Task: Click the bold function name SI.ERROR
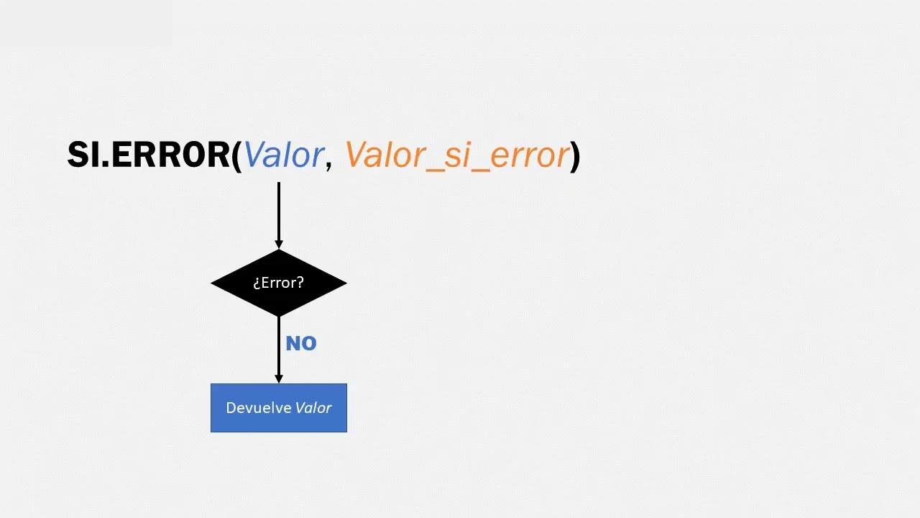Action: [x=149, y=155]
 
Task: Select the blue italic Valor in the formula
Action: [x=284, y=155]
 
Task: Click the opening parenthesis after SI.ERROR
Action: [x=236, y=156]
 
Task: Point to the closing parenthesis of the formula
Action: [x=576, y=156]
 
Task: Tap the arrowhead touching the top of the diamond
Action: [x=279, y=245]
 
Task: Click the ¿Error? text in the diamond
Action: [x=278, y=283]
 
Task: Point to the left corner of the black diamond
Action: [x=211, y=283]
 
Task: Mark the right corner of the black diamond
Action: [x=346, y=283]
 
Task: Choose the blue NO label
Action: [x=301, y=343]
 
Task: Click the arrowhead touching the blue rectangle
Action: [x=279, y=379]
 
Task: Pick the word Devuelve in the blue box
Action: [x=259, y=408]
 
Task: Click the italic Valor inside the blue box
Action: [x=313, y=408]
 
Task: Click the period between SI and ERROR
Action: [x=105, y=164]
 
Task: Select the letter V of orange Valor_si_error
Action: [x=357, y=155]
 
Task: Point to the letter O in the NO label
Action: [x=309, y=343]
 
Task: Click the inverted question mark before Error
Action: [x=257, y=283]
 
